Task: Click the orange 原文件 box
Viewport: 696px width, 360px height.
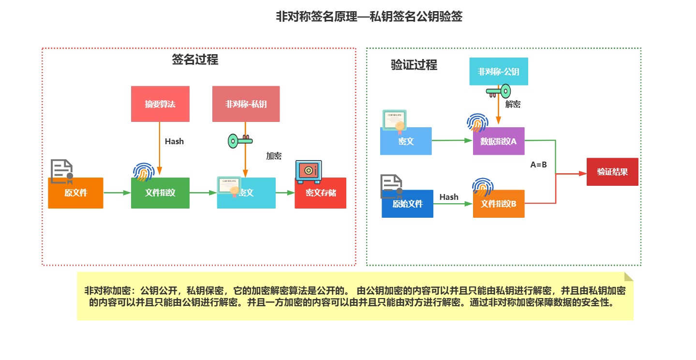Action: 75,193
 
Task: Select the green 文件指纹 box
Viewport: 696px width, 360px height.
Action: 160,193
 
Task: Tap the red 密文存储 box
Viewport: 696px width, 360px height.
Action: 321,193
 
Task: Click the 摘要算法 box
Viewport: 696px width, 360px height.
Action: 160,104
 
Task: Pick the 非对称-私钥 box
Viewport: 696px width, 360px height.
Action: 246,104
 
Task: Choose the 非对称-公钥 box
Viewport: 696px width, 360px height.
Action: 499,72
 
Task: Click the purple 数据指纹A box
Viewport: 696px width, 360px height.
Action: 499,141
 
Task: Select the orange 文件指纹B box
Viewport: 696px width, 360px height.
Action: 499,204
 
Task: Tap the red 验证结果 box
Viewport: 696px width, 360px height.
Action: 612,172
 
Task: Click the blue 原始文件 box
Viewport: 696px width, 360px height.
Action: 407,204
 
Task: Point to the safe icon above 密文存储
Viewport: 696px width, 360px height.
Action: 308,172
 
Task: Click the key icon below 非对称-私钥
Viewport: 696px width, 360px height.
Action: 240,141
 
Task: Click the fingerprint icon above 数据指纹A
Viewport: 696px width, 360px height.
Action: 477,123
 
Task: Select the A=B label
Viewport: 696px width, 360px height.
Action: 538,165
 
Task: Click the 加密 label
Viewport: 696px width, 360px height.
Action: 274,156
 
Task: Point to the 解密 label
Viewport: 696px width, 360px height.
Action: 513,104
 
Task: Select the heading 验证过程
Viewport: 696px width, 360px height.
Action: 414,65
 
